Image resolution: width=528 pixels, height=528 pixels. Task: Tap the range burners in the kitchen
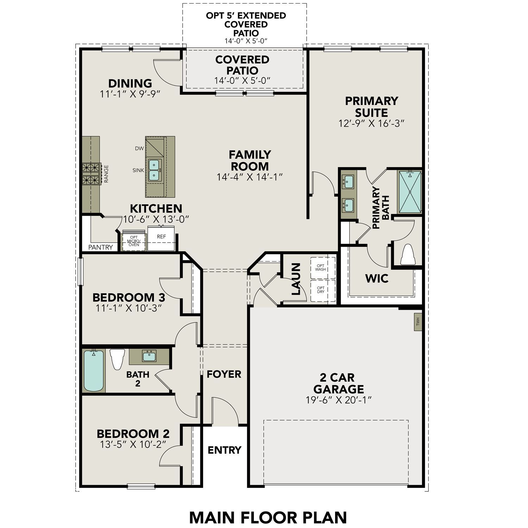(90, 174)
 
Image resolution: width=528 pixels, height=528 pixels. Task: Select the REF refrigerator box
(161, 238)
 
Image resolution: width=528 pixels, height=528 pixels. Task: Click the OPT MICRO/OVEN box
(134, 241)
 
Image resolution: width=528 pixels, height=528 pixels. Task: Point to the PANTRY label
(101, 247)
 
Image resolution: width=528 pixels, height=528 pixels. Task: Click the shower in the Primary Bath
(410, 191)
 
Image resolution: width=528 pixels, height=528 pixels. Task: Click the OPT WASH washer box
(321, 268)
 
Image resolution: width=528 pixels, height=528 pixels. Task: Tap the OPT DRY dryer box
(321, 290)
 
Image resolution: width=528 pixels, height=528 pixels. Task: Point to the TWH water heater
(418, 322)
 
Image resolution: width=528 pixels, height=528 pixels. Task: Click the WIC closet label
(377, 278)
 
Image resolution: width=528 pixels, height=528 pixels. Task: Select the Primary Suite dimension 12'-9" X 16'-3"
(371, 124)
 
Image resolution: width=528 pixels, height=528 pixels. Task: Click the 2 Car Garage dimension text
(339, 400)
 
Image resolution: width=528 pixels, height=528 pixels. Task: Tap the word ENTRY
(224, 450)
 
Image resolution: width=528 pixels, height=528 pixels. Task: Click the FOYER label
(224, 374)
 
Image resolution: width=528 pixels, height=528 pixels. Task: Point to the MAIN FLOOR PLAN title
(268, 517)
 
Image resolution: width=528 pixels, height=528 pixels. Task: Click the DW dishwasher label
(139, 149)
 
